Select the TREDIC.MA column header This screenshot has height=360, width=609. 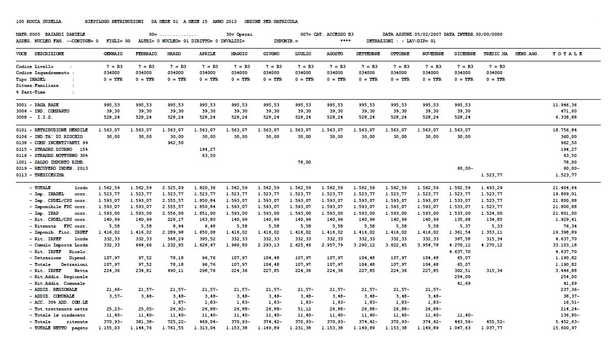[x=495, y=54]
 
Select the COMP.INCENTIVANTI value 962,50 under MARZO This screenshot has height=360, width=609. [x=175, y=143]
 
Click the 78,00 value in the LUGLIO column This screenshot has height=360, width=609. [x=305, y=162]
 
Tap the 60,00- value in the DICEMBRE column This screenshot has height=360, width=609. [x=464, y=168]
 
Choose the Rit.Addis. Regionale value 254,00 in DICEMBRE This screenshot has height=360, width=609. [x=463, y=276]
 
